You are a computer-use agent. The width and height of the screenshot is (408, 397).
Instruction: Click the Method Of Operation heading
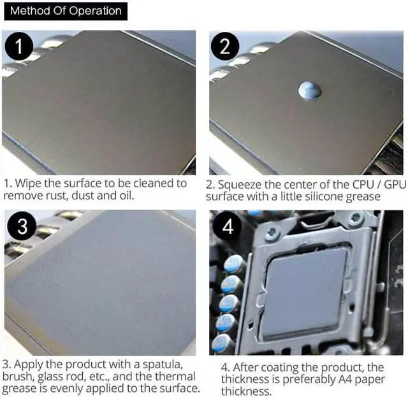66,11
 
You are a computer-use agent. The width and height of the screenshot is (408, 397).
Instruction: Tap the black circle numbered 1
18,47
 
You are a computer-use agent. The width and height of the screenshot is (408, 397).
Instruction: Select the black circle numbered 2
225,47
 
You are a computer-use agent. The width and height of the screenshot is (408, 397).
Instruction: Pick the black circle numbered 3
22,226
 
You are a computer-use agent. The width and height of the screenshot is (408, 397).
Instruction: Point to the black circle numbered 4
228,226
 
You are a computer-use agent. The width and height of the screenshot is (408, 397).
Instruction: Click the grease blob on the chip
310,90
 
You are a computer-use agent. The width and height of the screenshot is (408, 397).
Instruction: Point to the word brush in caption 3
18,377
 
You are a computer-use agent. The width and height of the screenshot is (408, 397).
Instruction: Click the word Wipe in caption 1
28,184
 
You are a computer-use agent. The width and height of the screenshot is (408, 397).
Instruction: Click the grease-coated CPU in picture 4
307,294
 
